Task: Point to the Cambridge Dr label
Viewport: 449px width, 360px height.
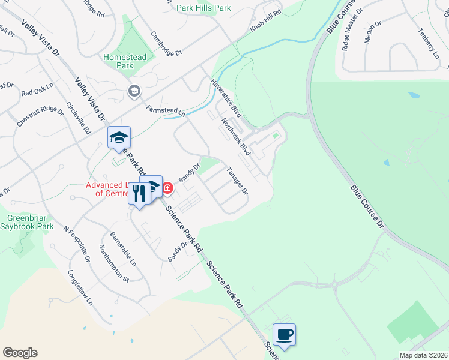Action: (x=166, y=44)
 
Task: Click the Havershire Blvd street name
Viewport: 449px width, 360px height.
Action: (x=226, y=97)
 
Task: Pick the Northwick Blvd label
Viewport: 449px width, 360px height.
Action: (x=235, y=137)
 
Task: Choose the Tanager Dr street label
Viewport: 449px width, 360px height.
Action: (x=237, y=181)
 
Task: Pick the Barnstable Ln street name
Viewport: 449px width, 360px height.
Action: (x=124, y=249)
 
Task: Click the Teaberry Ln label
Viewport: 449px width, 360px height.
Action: (x=429, y=43)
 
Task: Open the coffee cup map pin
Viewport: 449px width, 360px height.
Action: (x=284, y=334)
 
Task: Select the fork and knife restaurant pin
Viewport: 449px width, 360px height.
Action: (x=139, y=194)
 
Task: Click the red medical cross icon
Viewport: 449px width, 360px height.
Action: (x=167, y=188)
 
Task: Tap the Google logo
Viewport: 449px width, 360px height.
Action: (x=20, y=353)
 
